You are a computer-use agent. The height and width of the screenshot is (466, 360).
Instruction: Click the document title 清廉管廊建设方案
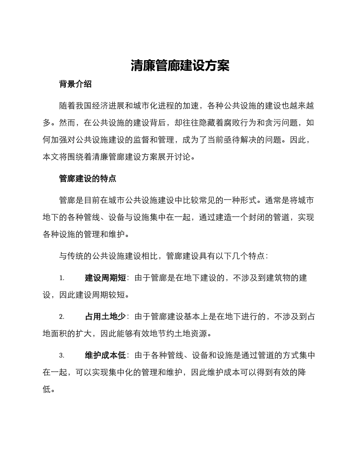pyautogui.click(x=180, y=66)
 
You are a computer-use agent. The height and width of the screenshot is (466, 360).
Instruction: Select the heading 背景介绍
pyautogui.click(x=75, y=84)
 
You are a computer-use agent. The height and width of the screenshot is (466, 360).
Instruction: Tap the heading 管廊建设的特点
pyautogui.click(x=88, y=178)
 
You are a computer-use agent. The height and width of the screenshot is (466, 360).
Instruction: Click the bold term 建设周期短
pyautogui.click(x=105, y=278)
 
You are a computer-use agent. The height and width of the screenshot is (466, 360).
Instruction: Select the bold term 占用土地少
pyautogui.click(x=105, y=317)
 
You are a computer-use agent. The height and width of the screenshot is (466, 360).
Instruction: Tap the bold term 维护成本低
pyautogui.click(x=105, y=356)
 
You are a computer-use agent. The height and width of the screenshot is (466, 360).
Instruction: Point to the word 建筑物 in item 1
pyautogui.click(x=279, y=278)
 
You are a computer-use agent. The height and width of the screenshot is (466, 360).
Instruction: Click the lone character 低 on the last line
pyautogui.click(x=47, y=389)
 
